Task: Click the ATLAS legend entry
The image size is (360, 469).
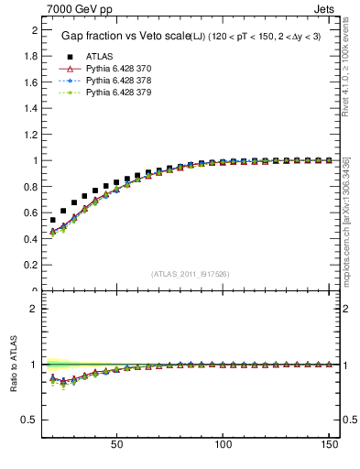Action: (98, 56)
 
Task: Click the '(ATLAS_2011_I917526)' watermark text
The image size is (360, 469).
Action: (189, 274)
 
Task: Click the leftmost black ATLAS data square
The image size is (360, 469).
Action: (52, 220)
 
